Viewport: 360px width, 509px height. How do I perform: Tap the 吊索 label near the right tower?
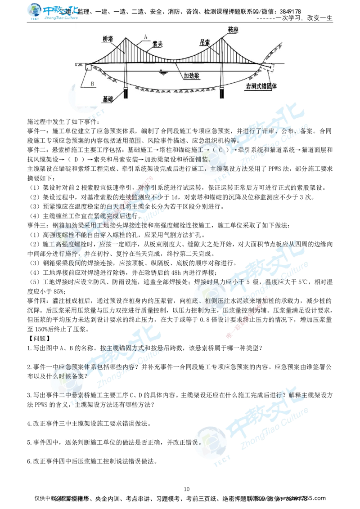click(x=205, y=41)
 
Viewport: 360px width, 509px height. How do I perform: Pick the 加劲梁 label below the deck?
click(x=192, y=76)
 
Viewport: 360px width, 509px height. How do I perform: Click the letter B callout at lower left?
click(x=92, y=83)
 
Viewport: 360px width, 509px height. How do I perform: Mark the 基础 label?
click(x=108, y=98)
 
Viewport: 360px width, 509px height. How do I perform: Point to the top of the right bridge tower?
click(x=222, y=37)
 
